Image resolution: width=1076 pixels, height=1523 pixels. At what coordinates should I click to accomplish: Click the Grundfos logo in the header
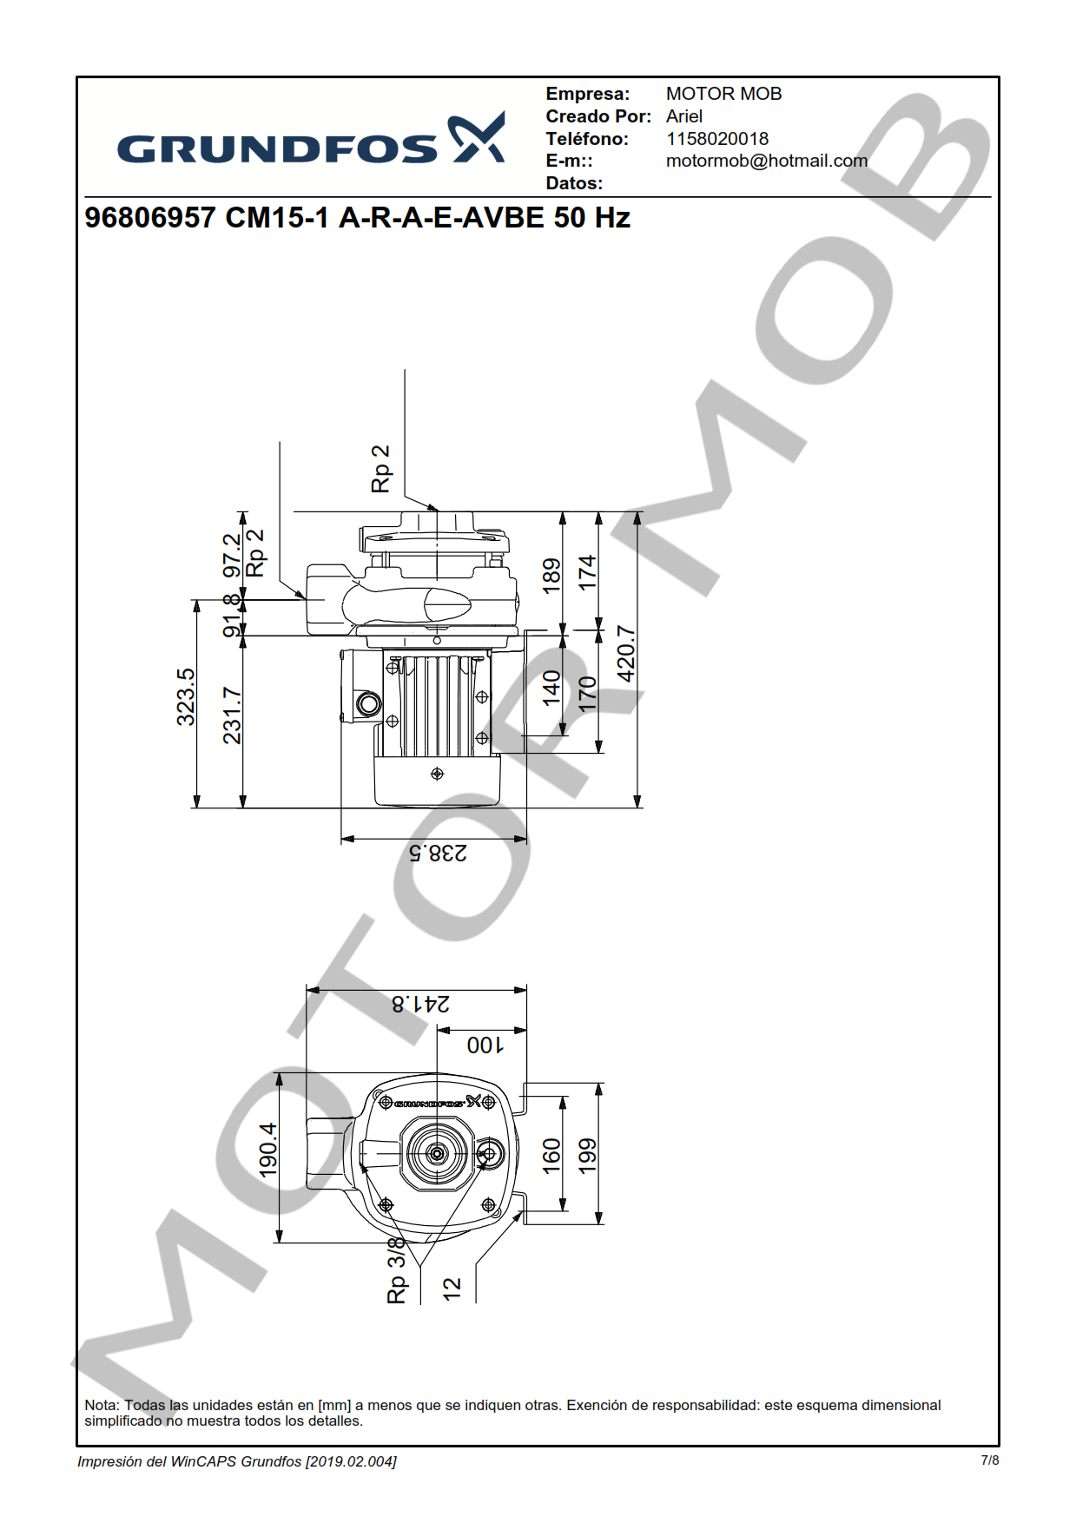point(310,141)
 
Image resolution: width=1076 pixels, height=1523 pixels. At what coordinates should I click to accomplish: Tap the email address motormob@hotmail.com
point(766,161)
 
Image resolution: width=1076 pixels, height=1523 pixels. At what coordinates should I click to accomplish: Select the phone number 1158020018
point(716,139)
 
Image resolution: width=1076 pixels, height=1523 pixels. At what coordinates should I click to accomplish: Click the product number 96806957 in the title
point(149,217)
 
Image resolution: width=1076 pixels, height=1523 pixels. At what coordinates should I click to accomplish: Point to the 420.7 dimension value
point(625,653)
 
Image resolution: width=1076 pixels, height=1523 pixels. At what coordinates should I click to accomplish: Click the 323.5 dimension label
point(186,696)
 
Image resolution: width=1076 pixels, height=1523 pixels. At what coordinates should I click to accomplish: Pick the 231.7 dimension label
point(232,715)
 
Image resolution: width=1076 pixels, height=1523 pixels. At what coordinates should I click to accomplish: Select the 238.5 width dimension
point(438,853)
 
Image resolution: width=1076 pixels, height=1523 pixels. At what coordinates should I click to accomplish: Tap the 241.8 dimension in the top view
point(420,1004)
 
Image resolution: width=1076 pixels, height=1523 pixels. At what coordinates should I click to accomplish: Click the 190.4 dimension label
point(268,1150)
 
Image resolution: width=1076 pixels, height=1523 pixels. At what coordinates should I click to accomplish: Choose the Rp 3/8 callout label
point(397,1269)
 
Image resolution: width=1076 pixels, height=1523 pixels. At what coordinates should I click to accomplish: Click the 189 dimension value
point(551,576)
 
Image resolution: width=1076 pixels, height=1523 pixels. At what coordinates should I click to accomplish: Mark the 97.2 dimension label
point(232,556)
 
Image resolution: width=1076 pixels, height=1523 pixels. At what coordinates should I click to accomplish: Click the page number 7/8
point(989,1460)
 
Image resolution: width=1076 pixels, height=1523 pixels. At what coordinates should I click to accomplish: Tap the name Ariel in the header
point(684,116)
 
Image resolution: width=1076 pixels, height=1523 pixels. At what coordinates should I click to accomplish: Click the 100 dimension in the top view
point(485,1045)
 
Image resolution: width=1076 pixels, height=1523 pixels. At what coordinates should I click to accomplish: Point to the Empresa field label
point(587,94)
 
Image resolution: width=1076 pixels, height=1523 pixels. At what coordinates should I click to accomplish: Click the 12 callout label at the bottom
point(452,1289)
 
